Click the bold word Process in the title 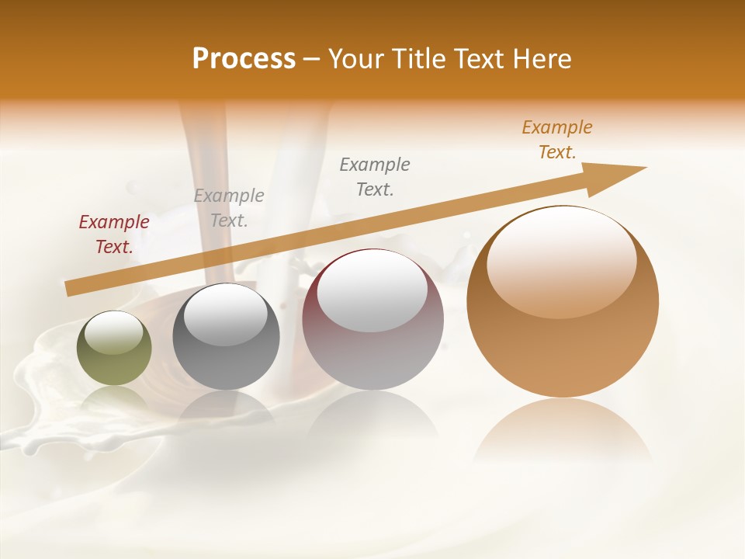tap(244, 59)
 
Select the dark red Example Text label tap(114, 234)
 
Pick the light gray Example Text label tap(229, 208)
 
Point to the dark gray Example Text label tap(375, 177)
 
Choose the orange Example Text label tap(556, 140)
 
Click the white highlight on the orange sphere tap(561, 261)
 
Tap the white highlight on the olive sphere tap(113, 332)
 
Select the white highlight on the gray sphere tap(225, 314)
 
